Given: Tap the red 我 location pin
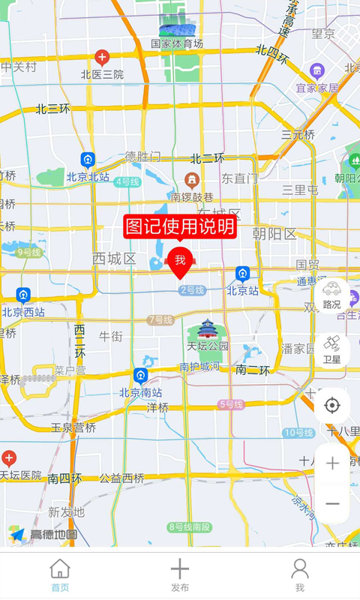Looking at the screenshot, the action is click(x=180, y=261).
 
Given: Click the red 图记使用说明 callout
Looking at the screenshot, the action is click(x=180, y=226).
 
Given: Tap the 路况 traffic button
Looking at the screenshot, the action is click(x=331, y=295).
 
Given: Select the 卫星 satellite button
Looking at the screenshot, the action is click(x=331, y=349).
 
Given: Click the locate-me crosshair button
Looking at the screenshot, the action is click(x=331, y=406).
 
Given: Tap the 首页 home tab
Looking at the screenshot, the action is click(x=60, y=575).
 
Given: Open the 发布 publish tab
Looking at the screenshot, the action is click(x=180, y=575).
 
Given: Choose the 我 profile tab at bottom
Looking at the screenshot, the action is click(x=299, y=575).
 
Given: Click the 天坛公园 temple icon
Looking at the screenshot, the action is click(x=207, y=329).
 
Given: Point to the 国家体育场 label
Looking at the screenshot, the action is click(x=177, y=44).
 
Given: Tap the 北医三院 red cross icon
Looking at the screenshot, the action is click(x=102, y=57).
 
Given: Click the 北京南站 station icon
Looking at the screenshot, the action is click(x=140, y=376).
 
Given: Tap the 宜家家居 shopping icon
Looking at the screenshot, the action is click(x=316, y=71).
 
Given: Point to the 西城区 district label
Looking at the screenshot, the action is click(x=114, y=259).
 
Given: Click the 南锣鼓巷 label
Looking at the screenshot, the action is click(x=192, y=197).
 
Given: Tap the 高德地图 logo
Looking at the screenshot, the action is click(x=43, y=534).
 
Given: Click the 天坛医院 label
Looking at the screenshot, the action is click(x=20, y=475).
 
